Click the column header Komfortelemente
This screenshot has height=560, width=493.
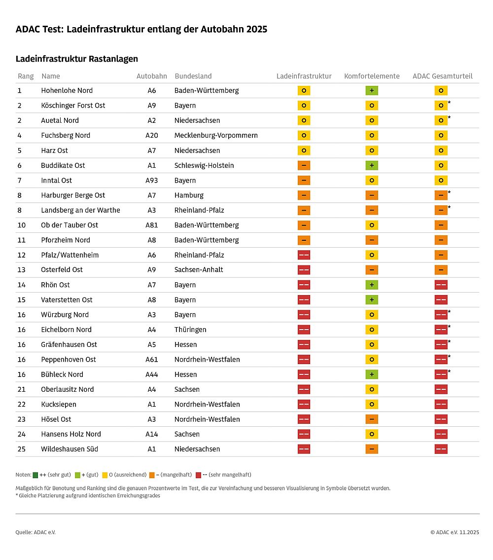(x=372, y=76)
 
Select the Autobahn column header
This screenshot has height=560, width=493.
(x=152, y=76)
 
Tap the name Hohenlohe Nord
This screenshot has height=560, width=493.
(x=67, y=90)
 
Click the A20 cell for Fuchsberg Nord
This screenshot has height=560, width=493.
(x=152, y=135)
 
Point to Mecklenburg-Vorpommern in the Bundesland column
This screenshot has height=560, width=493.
(x=216, y=135)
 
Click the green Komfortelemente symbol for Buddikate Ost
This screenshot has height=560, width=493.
(x=372, y=165)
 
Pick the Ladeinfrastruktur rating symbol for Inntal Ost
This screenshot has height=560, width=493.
(x=304, y=180)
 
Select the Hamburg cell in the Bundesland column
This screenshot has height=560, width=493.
(x=189, y=195)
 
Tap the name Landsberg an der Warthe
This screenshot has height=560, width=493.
(x=80, y=210)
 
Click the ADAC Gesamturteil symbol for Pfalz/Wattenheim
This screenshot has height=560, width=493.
(x=441, y=255)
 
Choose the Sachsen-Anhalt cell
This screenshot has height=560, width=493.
(x=199, y=270)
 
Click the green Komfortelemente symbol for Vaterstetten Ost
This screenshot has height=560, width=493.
(x=372, y=299)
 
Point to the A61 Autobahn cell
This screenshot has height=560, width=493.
(x=152, y=359)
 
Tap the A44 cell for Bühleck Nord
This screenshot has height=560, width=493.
(x=152, y=374)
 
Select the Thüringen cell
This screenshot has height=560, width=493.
(x=190, y=330)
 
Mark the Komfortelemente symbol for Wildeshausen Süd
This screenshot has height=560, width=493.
(x=372, y=449)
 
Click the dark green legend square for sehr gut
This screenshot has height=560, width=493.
(x=35, y=475)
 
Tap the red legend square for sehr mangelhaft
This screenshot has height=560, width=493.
(x=198, y=475)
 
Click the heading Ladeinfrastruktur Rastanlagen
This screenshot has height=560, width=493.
(x=77, y=59)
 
